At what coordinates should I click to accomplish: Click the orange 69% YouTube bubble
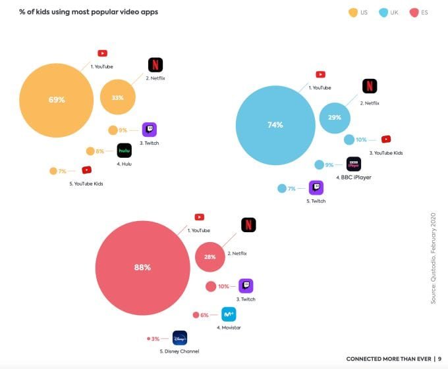click(x=57, y=100)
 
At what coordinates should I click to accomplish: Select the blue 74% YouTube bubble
click(x=275, y=125)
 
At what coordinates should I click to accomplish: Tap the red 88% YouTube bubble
click(x=142, y=268)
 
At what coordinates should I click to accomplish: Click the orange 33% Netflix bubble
click(x=118, y=97)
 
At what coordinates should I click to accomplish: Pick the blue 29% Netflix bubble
click(x=335, y=117)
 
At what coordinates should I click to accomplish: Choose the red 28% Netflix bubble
click(x=210, y=257)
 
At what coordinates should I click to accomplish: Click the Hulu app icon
click(x=125, y=151)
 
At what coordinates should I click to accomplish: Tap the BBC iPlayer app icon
click(x=354, y=164)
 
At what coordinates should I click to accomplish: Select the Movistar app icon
click(x=229, y=314)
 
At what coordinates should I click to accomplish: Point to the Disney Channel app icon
click(x=180, y=338)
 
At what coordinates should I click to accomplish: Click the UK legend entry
click(x=389, y=12)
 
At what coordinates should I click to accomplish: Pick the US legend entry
click(x=358, y=12)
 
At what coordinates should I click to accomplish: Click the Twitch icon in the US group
click(x=150, y=130)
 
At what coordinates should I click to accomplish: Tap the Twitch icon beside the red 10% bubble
click(x=246, y=286)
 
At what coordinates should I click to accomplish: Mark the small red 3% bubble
click(x=149, y=339)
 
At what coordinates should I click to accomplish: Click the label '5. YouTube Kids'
click(x=86, y=184)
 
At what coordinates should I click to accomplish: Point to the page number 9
click(x=439, y=359)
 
